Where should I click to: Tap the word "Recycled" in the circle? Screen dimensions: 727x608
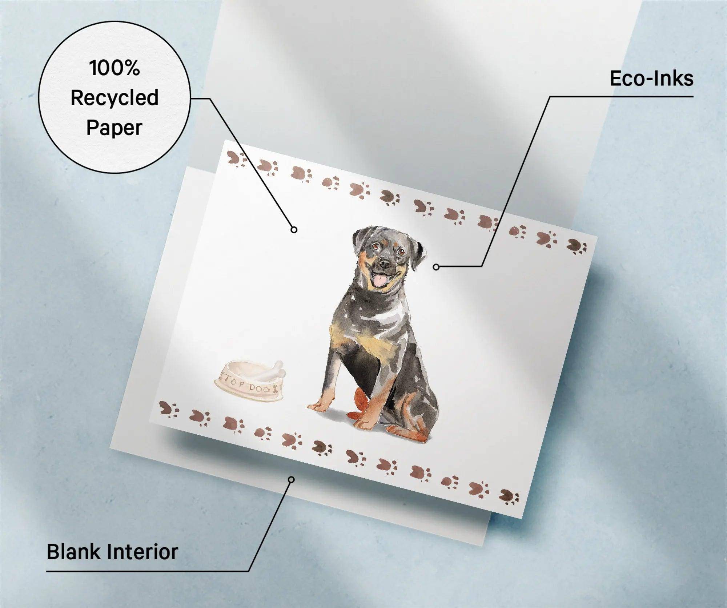115,98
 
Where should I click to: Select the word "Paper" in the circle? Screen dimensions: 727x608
114,128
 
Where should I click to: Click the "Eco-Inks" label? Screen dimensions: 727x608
651,78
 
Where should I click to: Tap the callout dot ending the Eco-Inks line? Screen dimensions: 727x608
436,267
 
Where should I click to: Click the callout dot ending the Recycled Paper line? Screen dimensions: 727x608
294,230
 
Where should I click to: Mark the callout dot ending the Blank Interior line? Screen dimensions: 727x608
291,480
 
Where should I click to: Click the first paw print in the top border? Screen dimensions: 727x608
236,159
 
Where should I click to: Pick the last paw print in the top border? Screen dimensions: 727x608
577,246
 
